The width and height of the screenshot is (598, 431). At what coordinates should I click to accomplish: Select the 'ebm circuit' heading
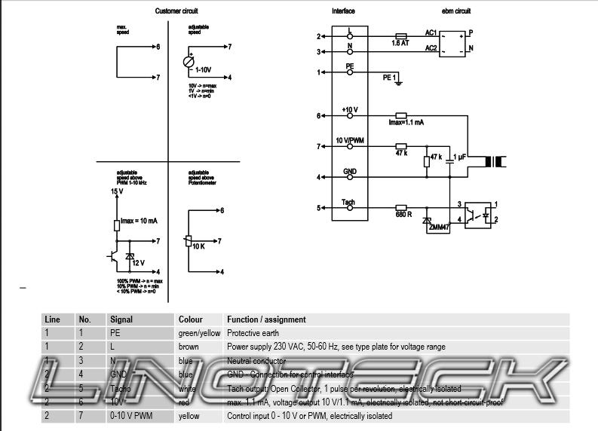(455, 11)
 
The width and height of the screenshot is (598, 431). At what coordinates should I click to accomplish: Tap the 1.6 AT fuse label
(400, 44)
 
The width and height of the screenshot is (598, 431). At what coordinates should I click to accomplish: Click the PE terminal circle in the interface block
(349, 73)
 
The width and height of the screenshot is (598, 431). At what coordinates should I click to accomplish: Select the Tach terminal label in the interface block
(348, 202)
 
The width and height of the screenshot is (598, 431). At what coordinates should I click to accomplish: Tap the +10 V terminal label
(349, 110)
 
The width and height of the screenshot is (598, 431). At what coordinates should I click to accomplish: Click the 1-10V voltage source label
(203, 69)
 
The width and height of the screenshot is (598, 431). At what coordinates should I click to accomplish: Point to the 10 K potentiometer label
(199, 246)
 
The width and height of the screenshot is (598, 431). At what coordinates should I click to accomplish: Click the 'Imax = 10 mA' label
(138, 221)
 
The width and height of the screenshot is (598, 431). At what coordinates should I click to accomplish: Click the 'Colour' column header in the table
(190, 319)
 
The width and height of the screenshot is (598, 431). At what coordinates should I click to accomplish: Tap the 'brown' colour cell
(189, 347)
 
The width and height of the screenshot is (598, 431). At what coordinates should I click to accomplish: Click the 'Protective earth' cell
(253, 332)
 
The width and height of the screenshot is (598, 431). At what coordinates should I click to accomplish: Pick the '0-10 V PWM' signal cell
(131, 416)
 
